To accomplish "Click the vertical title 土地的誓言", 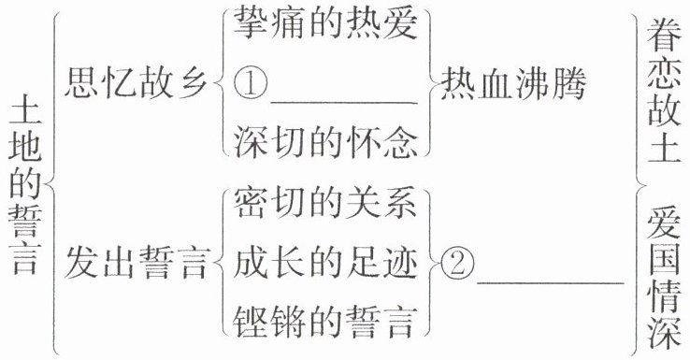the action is point(25,188).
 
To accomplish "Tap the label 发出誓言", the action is point(136,263).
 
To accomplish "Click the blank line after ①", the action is point(344,104).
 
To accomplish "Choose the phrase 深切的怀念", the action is point(325,143).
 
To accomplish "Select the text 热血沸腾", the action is point(513,84).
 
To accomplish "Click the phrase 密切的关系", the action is point(325,203).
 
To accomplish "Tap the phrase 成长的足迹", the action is point(325,263).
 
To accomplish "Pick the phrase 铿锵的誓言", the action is point(325,323).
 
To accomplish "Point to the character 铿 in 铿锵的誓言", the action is point(250,323).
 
